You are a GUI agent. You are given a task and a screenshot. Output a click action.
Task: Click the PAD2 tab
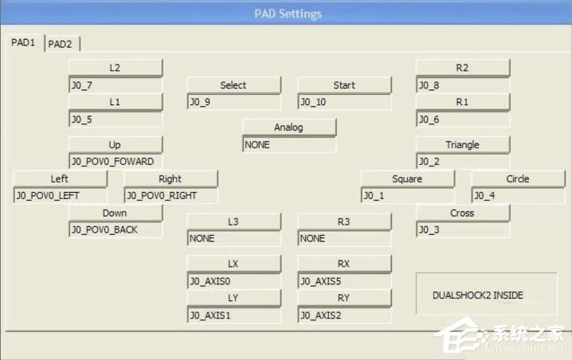pos(60,44)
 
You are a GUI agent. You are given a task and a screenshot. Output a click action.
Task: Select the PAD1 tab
pos(23,43)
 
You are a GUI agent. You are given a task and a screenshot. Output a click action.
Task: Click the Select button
pos(233,85)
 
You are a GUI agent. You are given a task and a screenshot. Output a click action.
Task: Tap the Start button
pos(344,85)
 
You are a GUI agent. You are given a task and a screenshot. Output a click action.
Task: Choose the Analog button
pos(288,127)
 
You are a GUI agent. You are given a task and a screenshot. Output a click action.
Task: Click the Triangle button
pos(462,145)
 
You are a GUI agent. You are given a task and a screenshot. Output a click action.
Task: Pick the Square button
pos(407,179)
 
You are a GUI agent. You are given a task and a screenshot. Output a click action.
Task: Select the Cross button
pos(462,213)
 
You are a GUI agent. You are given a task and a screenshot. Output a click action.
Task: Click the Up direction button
pos(116,145)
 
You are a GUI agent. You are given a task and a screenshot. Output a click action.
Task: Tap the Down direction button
pos(116,213)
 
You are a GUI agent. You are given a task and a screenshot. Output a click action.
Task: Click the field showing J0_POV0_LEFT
pos(60,195)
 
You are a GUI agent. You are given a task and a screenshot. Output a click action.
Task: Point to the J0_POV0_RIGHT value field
pos(170,195)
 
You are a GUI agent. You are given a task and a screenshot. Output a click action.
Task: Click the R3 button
pos(344,221)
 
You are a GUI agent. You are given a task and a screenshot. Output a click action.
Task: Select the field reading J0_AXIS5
pos(344,280)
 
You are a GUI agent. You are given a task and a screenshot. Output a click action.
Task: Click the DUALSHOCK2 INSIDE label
pos(478,295)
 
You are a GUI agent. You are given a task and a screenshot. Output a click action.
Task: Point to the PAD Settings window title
pos(288,14)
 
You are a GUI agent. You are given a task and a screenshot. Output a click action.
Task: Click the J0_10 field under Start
pos(344,102)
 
